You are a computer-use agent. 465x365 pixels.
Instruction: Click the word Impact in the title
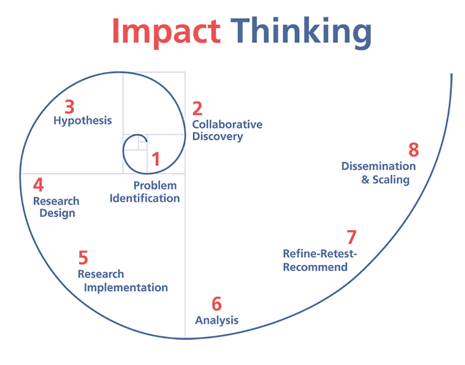click(166, 32)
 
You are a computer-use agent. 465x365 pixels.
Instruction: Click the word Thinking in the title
click(301, 32)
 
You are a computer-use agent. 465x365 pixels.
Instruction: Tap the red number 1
click(156, 159)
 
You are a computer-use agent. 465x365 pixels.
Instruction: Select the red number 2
click(197, 108)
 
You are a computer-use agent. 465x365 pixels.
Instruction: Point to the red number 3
click(69, 107)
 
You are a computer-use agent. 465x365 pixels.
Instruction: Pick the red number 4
click(38, 185)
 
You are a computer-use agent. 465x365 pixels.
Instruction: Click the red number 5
click(83, 258)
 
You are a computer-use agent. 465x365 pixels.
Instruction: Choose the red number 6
click(217, 304)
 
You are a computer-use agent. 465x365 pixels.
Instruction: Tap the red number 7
click(352, 237)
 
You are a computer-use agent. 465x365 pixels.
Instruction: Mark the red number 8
click(414, 150)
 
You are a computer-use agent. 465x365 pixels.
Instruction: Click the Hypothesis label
click(83, 121)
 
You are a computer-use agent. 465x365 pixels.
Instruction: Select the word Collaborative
click(227, 124)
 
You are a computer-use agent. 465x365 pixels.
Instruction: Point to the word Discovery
click(218, 137)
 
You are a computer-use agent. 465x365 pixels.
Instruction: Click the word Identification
click(145, 198)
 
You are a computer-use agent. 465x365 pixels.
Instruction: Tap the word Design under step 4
click(57, 213)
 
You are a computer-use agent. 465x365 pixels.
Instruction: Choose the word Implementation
click(126, 288)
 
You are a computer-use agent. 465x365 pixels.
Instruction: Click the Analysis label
click(217, 320)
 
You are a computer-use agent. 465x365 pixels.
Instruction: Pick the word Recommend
click(315, 267)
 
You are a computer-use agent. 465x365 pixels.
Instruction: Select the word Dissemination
click(379, 166)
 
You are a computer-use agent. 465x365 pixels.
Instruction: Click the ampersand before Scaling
click(365, 179)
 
